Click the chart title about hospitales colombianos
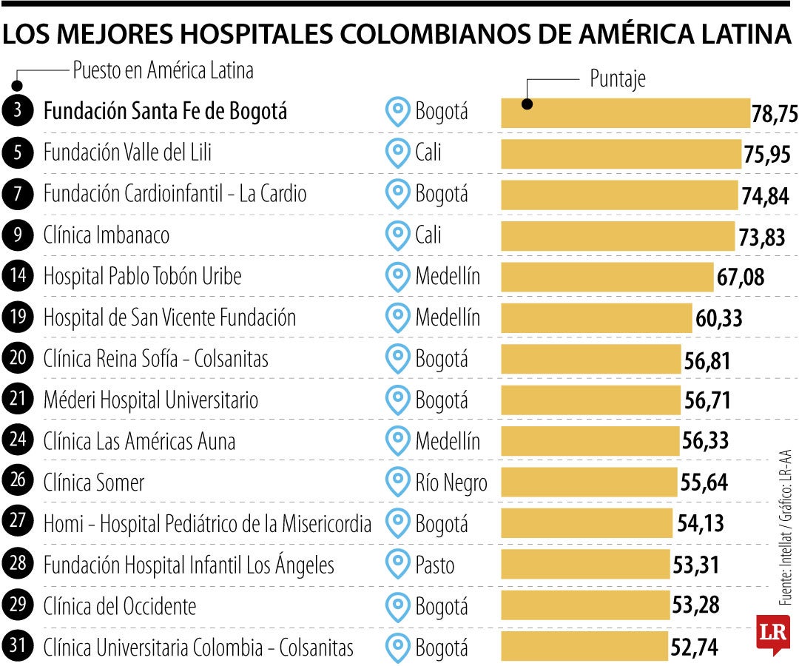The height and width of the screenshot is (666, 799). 396,34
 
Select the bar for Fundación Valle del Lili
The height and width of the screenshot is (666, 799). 621,154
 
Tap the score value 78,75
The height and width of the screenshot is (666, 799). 775,114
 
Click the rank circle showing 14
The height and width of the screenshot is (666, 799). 18,277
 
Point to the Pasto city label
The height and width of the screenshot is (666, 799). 435,566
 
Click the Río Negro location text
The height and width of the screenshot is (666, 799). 451,483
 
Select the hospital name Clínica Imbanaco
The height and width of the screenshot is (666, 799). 107,235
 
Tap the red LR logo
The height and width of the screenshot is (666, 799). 772,633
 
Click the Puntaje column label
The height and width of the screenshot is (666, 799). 617,78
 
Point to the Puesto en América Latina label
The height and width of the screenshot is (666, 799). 163,70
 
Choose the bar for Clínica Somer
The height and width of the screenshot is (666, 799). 589,483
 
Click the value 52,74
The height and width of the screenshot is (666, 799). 694,648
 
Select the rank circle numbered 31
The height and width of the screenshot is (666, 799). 18,647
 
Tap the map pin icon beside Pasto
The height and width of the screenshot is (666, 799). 398,565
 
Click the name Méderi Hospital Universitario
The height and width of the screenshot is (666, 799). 151,400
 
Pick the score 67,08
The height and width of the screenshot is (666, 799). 740,278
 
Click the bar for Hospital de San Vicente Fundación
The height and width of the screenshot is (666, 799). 596,318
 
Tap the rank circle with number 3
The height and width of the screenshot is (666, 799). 18,112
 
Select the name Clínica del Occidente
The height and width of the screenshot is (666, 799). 120,607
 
